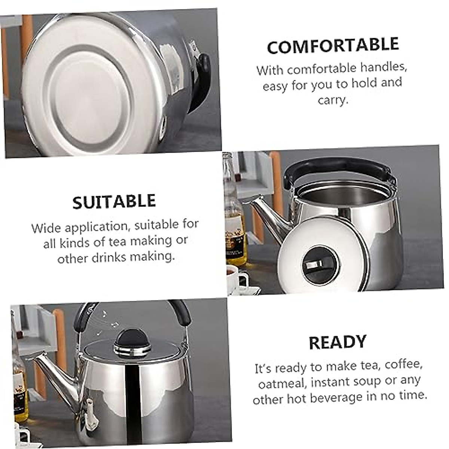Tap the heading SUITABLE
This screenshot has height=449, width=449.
click(114, 202)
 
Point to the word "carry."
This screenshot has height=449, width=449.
click(333, 100)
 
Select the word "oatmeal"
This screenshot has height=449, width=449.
click(282, 384)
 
